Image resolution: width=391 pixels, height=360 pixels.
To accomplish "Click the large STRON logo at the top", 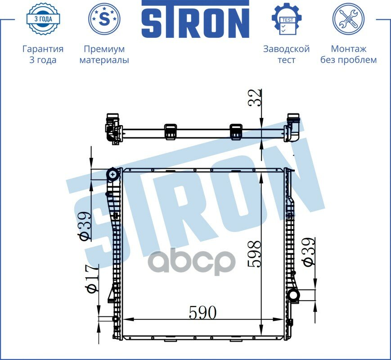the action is pyautogui.click(x=195, y=19).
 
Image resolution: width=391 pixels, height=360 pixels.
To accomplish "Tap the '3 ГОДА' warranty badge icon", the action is pyautogui.click(x=43, y=19).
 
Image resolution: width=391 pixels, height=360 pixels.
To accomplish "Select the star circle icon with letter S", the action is pyautogui.click(x=104, y=18).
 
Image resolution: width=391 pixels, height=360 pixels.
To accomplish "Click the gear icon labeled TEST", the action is pyautogui.click(x=287, y=19).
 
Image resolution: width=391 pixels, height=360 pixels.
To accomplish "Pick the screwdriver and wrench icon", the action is pyautogui.click(x=348, y=19).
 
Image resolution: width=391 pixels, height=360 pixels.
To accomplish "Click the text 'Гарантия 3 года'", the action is pyautogui.click(x=43, y=54).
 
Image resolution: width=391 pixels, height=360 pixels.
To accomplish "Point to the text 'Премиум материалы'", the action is pyautogui.click(x=104, y=54).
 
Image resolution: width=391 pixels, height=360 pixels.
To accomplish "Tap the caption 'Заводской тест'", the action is pyautogui.click(x=287, y=54).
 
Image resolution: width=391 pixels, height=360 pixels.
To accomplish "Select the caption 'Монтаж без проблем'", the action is pyautogui.click(x=348, y=54).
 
